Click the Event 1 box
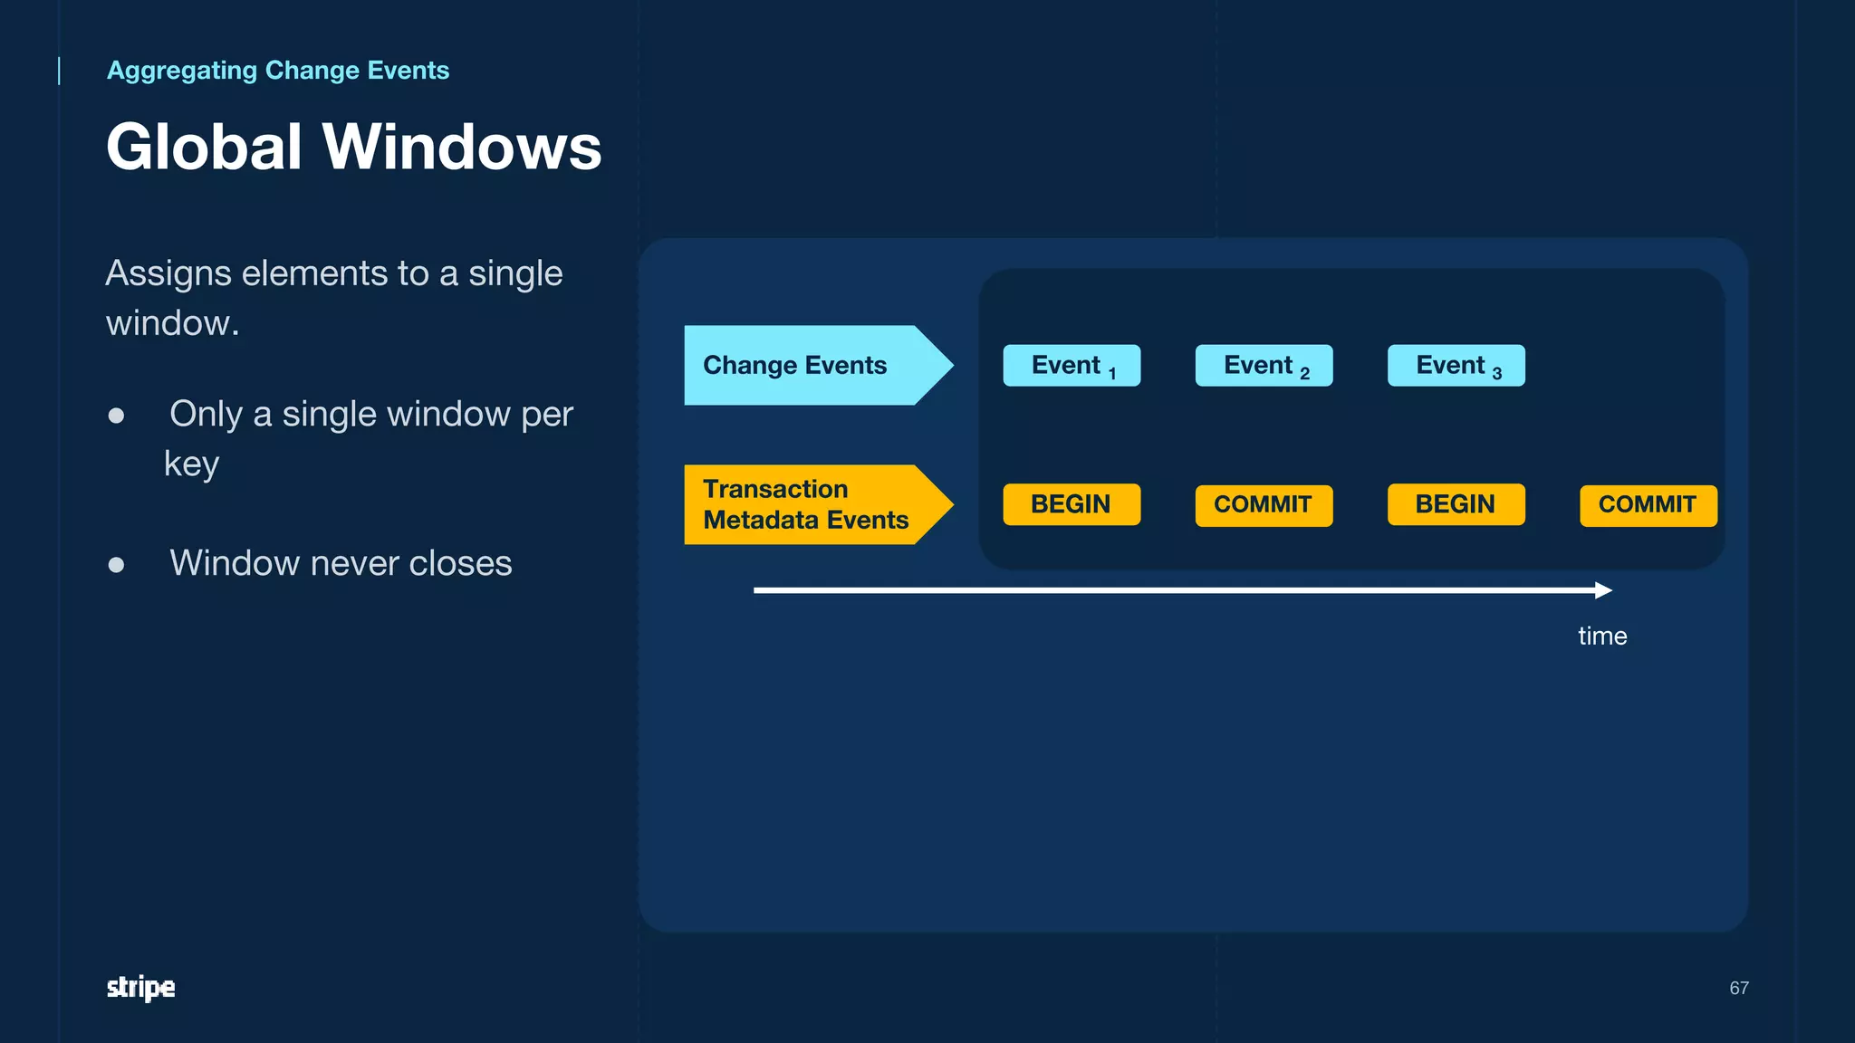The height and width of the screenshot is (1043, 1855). (1072, 366)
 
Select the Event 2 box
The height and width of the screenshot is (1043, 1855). (1264, 366)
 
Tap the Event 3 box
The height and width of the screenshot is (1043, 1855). (1456, 366)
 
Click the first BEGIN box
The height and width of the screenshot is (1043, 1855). (1072, 504)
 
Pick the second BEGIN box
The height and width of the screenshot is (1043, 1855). (1456, 504)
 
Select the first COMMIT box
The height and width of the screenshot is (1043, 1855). (1264, 505)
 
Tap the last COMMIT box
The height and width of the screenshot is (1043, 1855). (1648, 505)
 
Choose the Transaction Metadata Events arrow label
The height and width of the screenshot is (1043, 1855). (805, 504)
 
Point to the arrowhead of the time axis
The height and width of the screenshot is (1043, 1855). (1604, 590)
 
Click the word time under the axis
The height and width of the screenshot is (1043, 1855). (1602, 636)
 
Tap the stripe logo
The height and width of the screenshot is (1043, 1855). (140, 987)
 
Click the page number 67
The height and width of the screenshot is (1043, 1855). (1738, 988)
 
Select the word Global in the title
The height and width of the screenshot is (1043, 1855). (204, 147)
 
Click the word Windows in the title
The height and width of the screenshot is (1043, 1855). (462, 147)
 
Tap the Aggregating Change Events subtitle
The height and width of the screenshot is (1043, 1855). (278, 70)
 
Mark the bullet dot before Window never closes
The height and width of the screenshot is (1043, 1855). (116, 565)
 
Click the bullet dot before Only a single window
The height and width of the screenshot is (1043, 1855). (116, 416)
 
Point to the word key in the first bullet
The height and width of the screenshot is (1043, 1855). (191, 464)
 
